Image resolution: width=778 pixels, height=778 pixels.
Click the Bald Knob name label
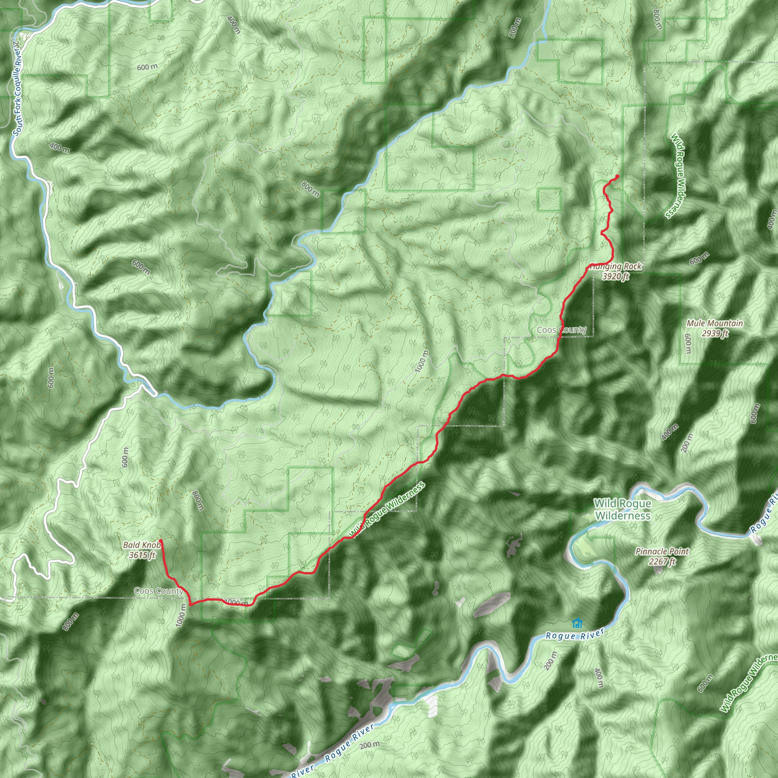(x=141, y=545)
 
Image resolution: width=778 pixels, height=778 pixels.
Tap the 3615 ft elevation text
(x=142, y=555)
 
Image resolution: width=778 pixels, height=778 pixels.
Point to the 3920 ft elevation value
(x=615, y=276)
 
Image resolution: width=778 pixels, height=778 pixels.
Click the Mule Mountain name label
(x=715, y=323)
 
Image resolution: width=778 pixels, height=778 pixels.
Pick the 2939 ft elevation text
(x=715, y=334)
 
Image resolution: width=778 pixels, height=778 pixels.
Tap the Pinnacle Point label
(x=662, y=552)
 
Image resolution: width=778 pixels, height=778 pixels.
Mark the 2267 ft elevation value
(x=662, y=561)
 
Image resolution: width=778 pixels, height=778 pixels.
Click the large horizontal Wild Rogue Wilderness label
(x=623, y=509)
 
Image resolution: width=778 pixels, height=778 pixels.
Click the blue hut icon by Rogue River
(x=577, y=623)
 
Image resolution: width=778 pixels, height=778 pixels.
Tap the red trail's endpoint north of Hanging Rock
(x=617, y=176)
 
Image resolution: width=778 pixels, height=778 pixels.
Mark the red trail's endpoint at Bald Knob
(x=161, y=541)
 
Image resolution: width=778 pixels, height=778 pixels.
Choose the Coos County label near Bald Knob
(x=158, y=591)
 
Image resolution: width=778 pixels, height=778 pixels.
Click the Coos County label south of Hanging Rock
(x=561, y=330)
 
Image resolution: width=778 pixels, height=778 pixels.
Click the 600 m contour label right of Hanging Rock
(x=699, y=258)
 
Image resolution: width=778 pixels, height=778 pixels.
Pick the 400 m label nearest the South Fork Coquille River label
(x=59, y=148)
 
